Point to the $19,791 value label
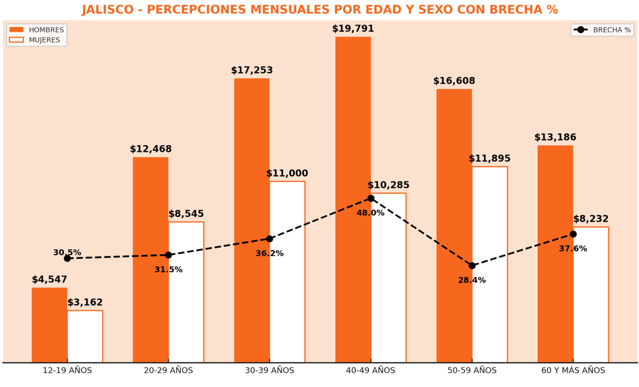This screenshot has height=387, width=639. (353, 29)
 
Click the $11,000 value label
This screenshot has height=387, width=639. (287, 173)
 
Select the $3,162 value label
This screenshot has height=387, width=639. (85, 303)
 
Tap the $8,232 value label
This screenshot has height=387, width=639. (590, 219)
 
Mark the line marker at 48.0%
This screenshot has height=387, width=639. (371, 198)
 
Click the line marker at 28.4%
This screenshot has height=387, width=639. (472, 266)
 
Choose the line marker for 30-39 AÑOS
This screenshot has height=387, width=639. (270, 239)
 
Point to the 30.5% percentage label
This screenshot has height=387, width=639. (67, 253)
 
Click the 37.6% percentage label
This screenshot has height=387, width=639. (573, 249)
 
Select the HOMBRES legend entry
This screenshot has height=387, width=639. (36, 30)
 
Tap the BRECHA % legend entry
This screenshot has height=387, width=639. (603, 30)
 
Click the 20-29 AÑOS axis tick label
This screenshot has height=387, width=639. (169, 370)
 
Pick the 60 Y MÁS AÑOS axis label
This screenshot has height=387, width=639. (573, 370)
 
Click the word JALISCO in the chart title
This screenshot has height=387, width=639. (110, 10)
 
